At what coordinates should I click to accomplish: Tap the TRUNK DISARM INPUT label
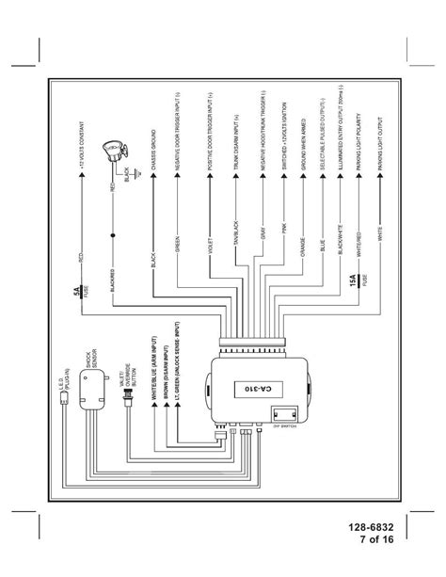pyautogui.click(x=235, y=135)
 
